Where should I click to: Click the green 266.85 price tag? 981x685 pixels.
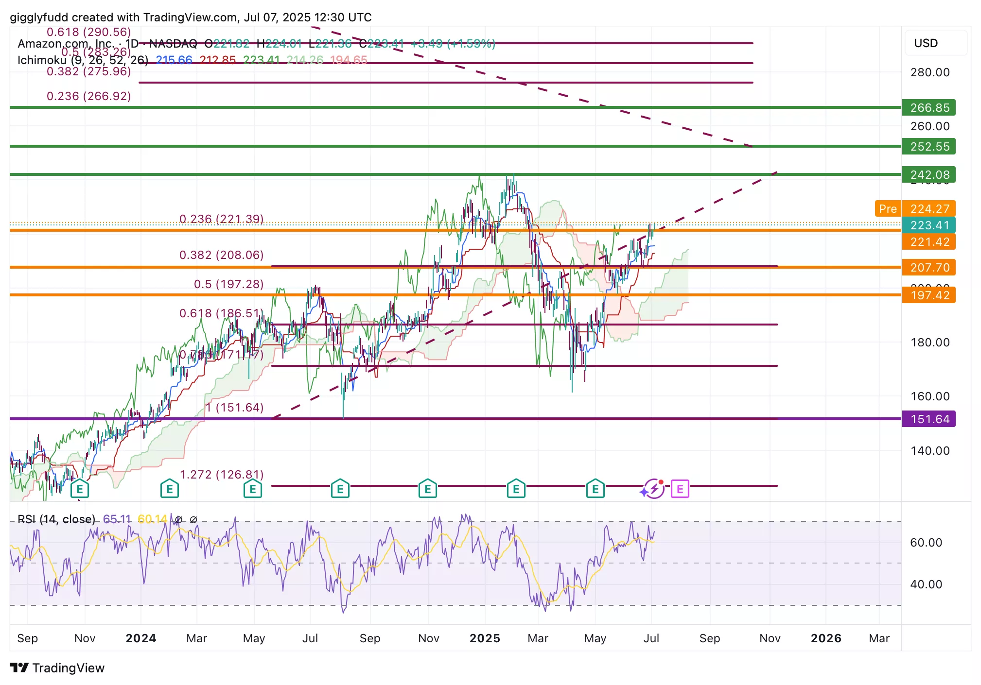click(x=928, y=107)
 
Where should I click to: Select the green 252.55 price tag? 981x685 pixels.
click(x=928, y=146)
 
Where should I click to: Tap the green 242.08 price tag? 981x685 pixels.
click(x=928, y=174)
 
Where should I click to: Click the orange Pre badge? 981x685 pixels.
click(x=887, y=208)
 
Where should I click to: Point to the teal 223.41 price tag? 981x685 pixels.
click(x=928, y=225)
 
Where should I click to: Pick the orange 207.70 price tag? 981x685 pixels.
click(x=928, y=267)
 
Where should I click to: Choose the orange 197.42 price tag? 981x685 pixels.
click(x=928, y=295)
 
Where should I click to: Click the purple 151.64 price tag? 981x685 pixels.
click(x=928, y=419)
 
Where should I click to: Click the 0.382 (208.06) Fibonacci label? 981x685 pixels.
click(x=221, y=255)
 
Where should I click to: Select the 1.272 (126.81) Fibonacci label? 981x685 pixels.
click(x=222, y=474)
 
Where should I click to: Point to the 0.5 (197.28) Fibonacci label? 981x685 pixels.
click(x=228, y=284)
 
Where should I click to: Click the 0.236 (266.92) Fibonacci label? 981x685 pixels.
click(x=88, y=96)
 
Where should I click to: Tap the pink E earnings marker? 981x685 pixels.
click(x=680, y=489)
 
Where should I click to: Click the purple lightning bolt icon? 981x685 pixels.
click(x=654, y=489)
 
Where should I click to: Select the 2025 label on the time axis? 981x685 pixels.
click(x=485, y=638)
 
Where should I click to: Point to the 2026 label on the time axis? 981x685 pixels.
click(x=826, y=638)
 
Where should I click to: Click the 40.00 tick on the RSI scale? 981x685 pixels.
click(x=926, y=584)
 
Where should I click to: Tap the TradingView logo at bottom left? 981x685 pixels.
click(x=57, y=668)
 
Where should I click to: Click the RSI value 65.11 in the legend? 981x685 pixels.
click(x=117, y=519)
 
